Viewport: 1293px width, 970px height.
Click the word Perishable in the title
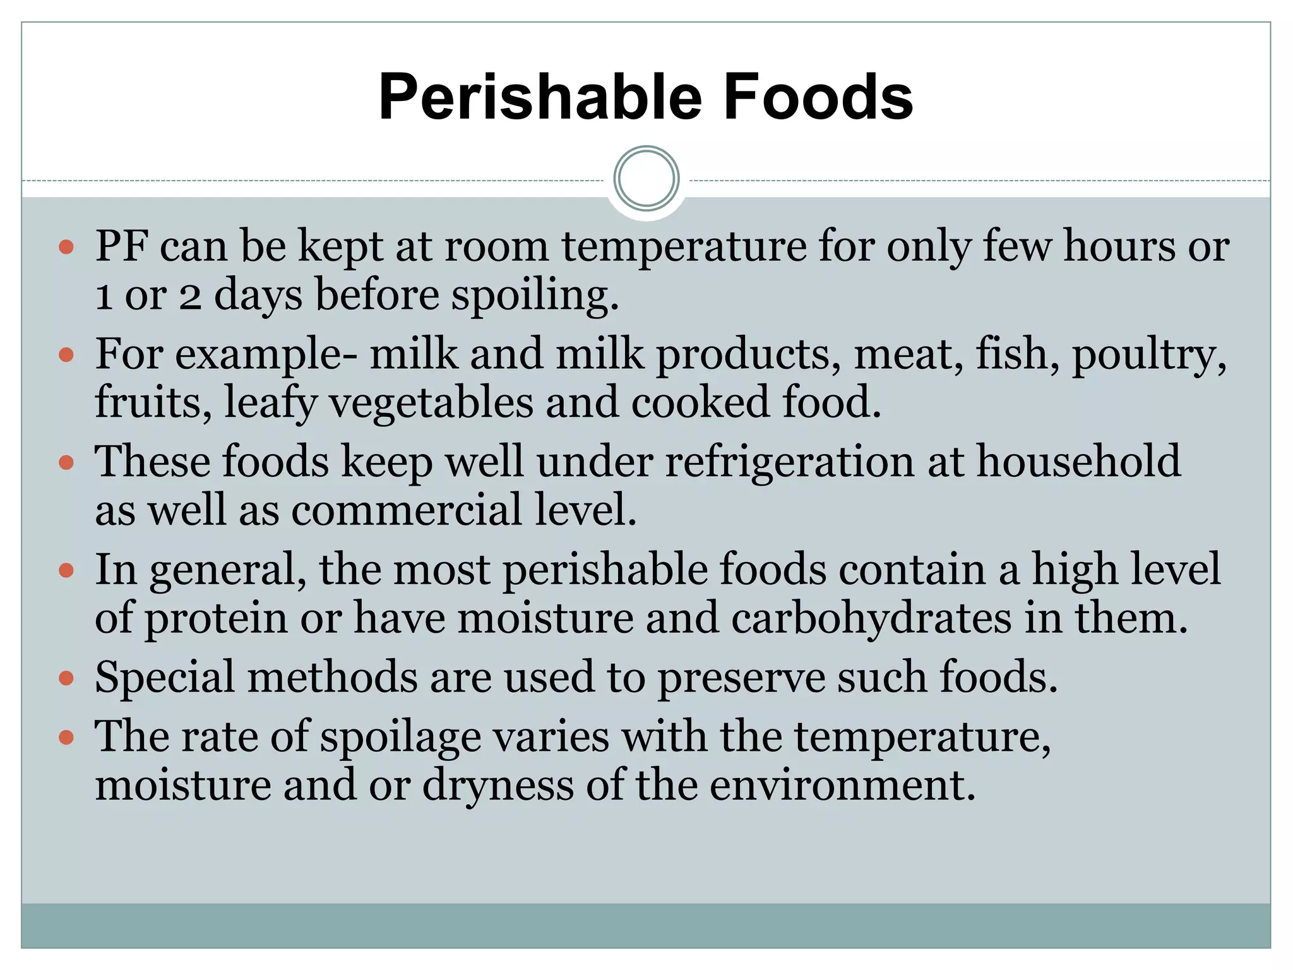tap(540, 97)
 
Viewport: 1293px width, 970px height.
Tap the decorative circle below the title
tap(646, 179)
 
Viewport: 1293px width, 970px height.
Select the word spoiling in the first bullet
tap(534, 296)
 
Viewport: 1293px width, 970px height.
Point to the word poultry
tap(1149, 355)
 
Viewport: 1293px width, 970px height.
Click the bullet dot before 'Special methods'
tap(66, 679)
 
